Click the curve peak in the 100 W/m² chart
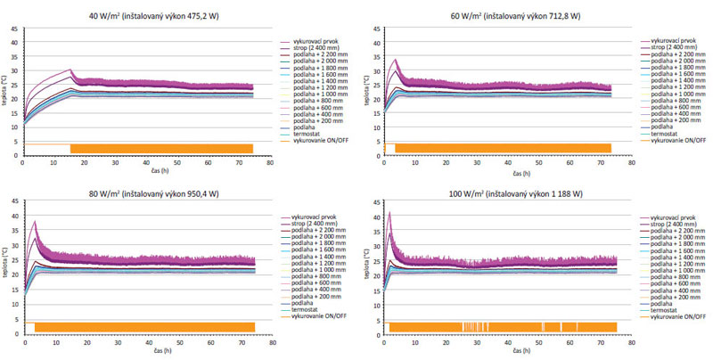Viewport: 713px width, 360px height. click(x=389, y=212)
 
